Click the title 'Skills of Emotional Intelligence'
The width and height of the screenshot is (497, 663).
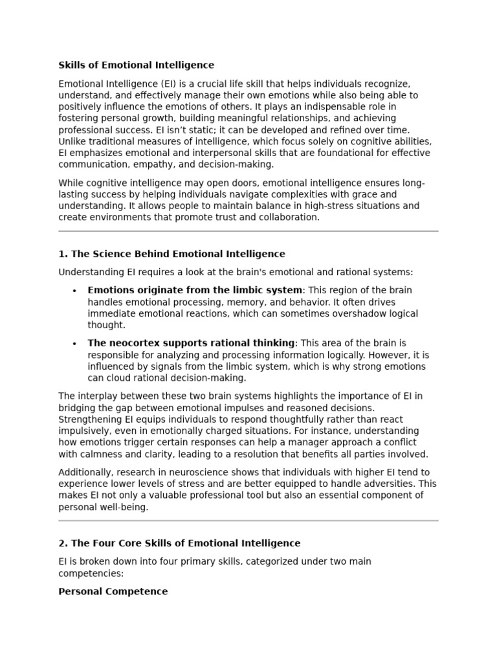tap(136, 65)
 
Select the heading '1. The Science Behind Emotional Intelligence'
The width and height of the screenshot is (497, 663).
tap(171, 254)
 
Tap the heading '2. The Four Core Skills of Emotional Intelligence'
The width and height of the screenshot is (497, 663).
tap(179, 543)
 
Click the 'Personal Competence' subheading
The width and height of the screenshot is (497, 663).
tap(113, 591)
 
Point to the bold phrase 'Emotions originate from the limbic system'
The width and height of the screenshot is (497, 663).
tap(195, 290)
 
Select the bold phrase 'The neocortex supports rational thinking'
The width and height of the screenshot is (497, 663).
tap(191, 343)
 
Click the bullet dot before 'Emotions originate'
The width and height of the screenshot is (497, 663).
tap(75, 291)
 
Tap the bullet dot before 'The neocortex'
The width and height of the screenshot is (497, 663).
tap(75, 344)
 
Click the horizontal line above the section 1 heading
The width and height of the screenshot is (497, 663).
tap(248, 231)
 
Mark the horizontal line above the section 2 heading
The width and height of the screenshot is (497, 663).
tap(248, 521)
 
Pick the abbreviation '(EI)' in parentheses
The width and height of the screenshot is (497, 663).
tap(168, 84)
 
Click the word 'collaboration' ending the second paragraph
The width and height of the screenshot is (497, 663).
tap(289, 218)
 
